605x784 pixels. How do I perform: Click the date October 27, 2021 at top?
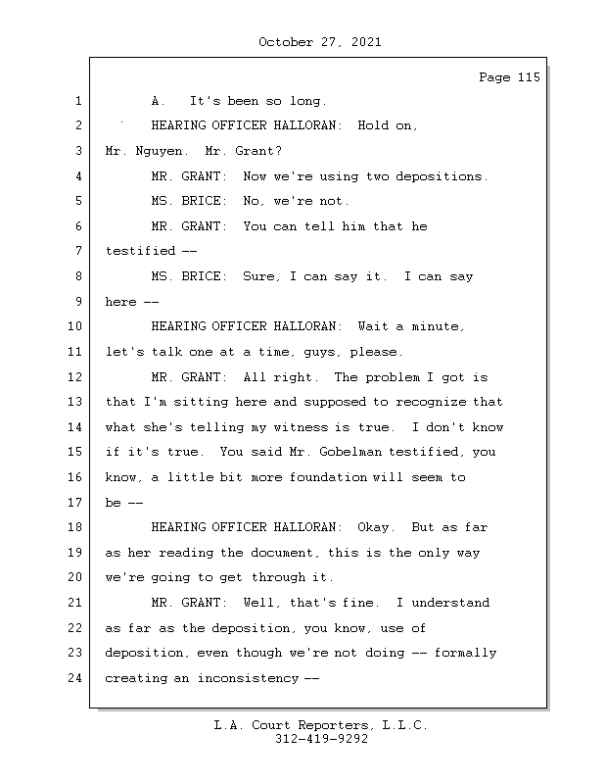320,42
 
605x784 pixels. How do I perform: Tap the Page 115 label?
509,77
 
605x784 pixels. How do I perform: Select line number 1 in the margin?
78,101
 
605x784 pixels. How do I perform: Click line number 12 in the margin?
74,377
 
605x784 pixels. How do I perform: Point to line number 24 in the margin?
74,678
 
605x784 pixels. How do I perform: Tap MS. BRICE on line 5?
189,201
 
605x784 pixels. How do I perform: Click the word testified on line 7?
140,251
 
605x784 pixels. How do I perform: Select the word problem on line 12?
393,377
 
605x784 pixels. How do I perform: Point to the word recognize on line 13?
431,402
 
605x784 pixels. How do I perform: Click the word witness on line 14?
304,427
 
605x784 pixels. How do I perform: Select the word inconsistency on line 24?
248,678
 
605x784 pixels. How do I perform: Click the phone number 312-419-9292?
321,739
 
